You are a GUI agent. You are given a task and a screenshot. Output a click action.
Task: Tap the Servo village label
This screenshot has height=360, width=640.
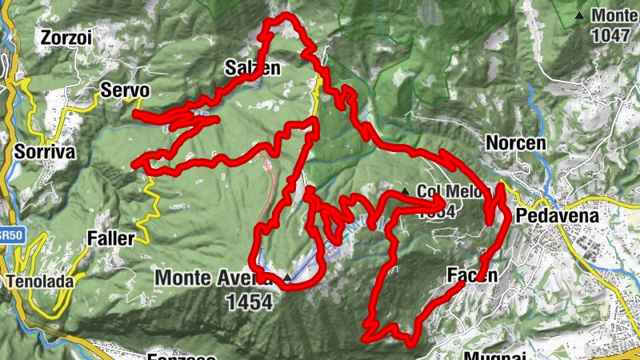[x=124, y=89]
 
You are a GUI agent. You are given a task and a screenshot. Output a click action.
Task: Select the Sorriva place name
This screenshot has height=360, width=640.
[x=44, y=150]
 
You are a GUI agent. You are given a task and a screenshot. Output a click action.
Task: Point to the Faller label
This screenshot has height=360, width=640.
[x=110, y=238]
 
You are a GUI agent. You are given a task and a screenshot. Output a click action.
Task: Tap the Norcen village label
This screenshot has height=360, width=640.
[x=515, y=142]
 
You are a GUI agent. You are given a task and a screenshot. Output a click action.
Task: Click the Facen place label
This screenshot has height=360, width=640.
[x=472, y=276]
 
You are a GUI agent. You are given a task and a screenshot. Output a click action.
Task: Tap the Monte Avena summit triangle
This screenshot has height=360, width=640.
[x=288, y=278]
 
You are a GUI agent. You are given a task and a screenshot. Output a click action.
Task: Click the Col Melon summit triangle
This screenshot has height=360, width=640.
[x=406, y=192]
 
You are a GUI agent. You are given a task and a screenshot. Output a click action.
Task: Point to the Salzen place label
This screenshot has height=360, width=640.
[x=252, y=68]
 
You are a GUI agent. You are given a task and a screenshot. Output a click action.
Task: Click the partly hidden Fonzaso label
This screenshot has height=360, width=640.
[x=181, y=356]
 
